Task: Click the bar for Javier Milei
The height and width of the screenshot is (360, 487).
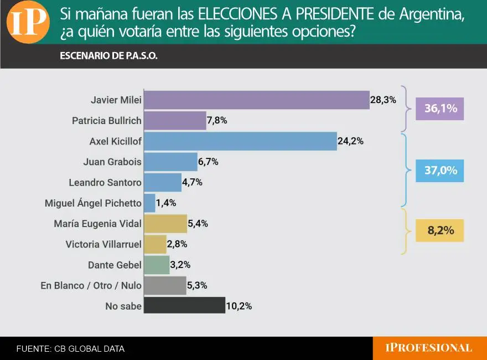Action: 256,100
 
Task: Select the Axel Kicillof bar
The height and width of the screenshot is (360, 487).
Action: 240,141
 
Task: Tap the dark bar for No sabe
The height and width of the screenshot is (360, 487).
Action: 184,305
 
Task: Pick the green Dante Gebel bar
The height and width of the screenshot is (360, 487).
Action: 157,264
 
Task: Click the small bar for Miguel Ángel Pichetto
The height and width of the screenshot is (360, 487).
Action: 149,203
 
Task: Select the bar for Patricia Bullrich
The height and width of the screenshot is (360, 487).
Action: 175,121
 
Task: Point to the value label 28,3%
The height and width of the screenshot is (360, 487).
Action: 383,100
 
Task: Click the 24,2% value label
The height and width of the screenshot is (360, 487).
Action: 350,141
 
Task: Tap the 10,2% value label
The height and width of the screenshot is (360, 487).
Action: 239,305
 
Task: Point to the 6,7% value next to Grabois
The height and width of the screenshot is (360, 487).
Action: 208,162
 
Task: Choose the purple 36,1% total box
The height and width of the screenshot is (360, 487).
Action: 440,109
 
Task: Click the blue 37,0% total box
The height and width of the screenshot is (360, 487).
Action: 440,171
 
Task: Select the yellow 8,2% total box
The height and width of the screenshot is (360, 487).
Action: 440,230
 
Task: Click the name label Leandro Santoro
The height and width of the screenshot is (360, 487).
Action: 105,182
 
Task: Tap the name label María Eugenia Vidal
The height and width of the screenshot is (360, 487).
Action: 98,224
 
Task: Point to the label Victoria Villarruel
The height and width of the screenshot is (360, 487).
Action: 103,244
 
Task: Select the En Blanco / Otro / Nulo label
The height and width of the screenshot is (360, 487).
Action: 91,286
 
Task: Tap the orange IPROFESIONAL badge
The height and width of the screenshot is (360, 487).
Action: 429,348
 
